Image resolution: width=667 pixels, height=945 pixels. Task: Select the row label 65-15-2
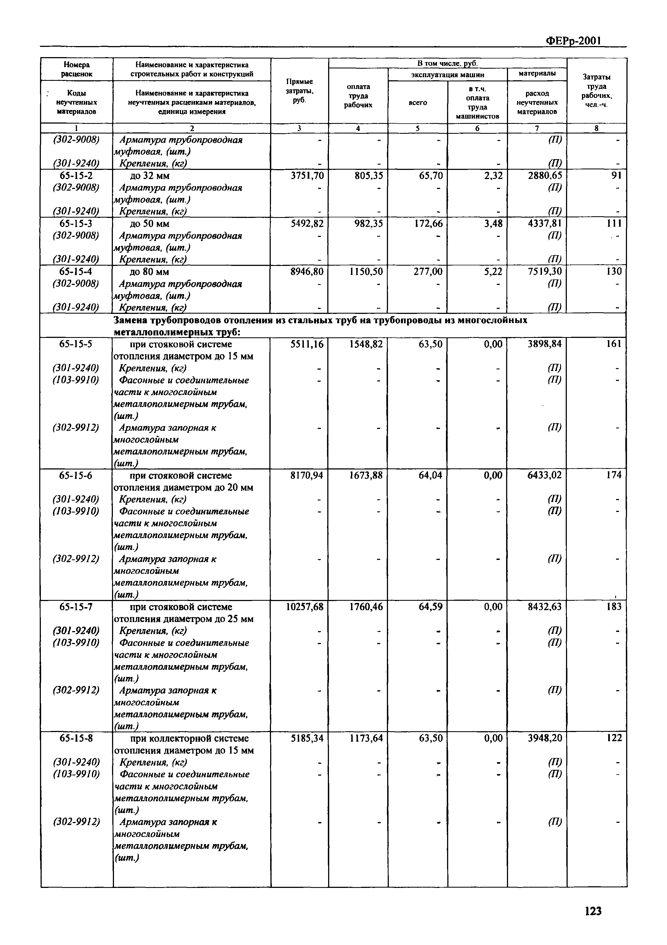click(x=76, y=176)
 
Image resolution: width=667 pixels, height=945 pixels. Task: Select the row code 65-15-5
click(x=76, y=344)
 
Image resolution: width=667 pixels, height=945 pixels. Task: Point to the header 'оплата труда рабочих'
click(x=358, y=95)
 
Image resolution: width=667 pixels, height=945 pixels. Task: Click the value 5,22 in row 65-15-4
click(x=493, y=272)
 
